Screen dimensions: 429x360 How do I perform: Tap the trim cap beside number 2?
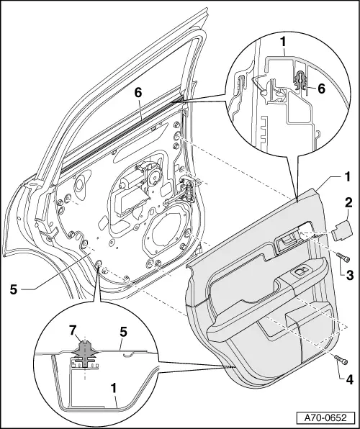coord(341,231)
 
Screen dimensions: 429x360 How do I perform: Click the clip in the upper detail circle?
coord(301,86)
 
